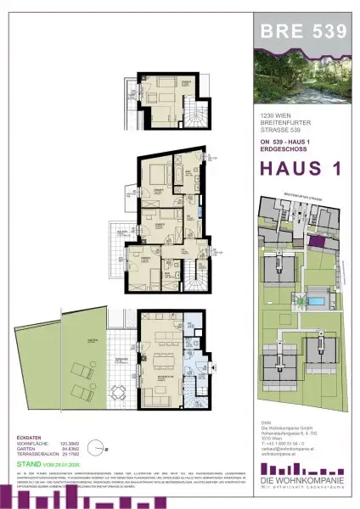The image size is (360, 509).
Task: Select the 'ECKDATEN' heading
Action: coord(30,437)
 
